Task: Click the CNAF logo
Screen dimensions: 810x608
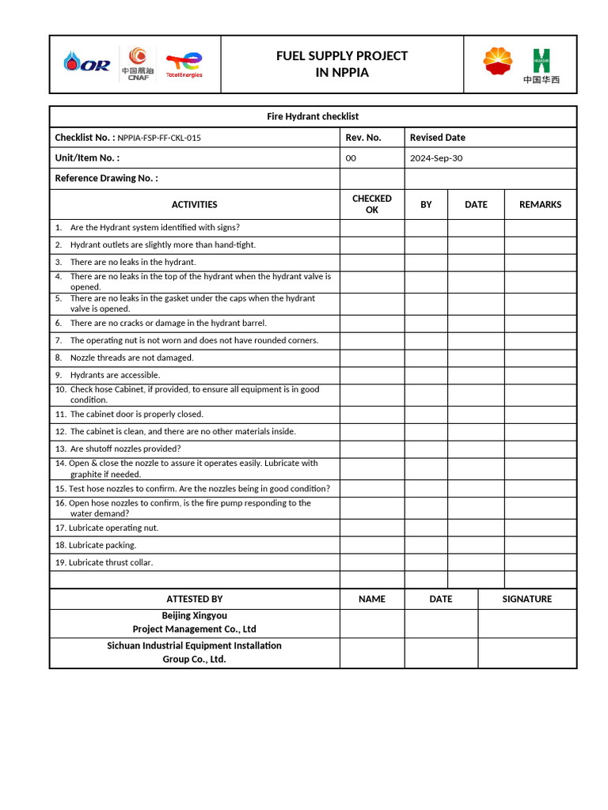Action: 138,63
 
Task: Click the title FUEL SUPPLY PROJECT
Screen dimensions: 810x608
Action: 342,55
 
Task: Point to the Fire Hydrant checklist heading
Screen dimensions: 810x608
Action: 313,116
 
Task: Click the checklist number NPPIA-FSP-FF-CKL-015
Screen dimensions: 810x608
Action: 159,138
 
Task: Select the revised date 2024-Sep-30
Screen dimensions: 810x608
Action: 436,158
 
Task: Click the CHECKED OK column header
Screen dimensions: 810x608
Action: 371,204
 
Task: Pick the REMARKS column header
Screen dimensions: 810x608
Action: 540,205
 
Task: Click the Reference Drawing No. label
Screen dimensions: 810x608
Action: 106,179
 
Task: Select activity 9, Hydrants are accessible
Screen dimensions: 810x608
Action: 115,375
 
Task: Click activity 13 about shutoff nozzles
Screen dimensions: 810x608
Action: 125,449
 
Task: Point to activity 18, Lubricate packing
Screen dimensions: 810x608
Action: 102,545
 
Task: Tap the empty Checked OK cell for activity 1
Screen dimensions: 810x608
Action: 372,228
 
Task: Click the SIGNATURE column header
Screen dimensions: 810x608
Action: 526,599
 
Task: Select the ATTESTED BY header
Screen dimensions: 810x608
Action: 194,599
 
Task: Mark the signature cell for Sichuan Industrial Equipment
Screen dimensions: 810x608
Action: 526,653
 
